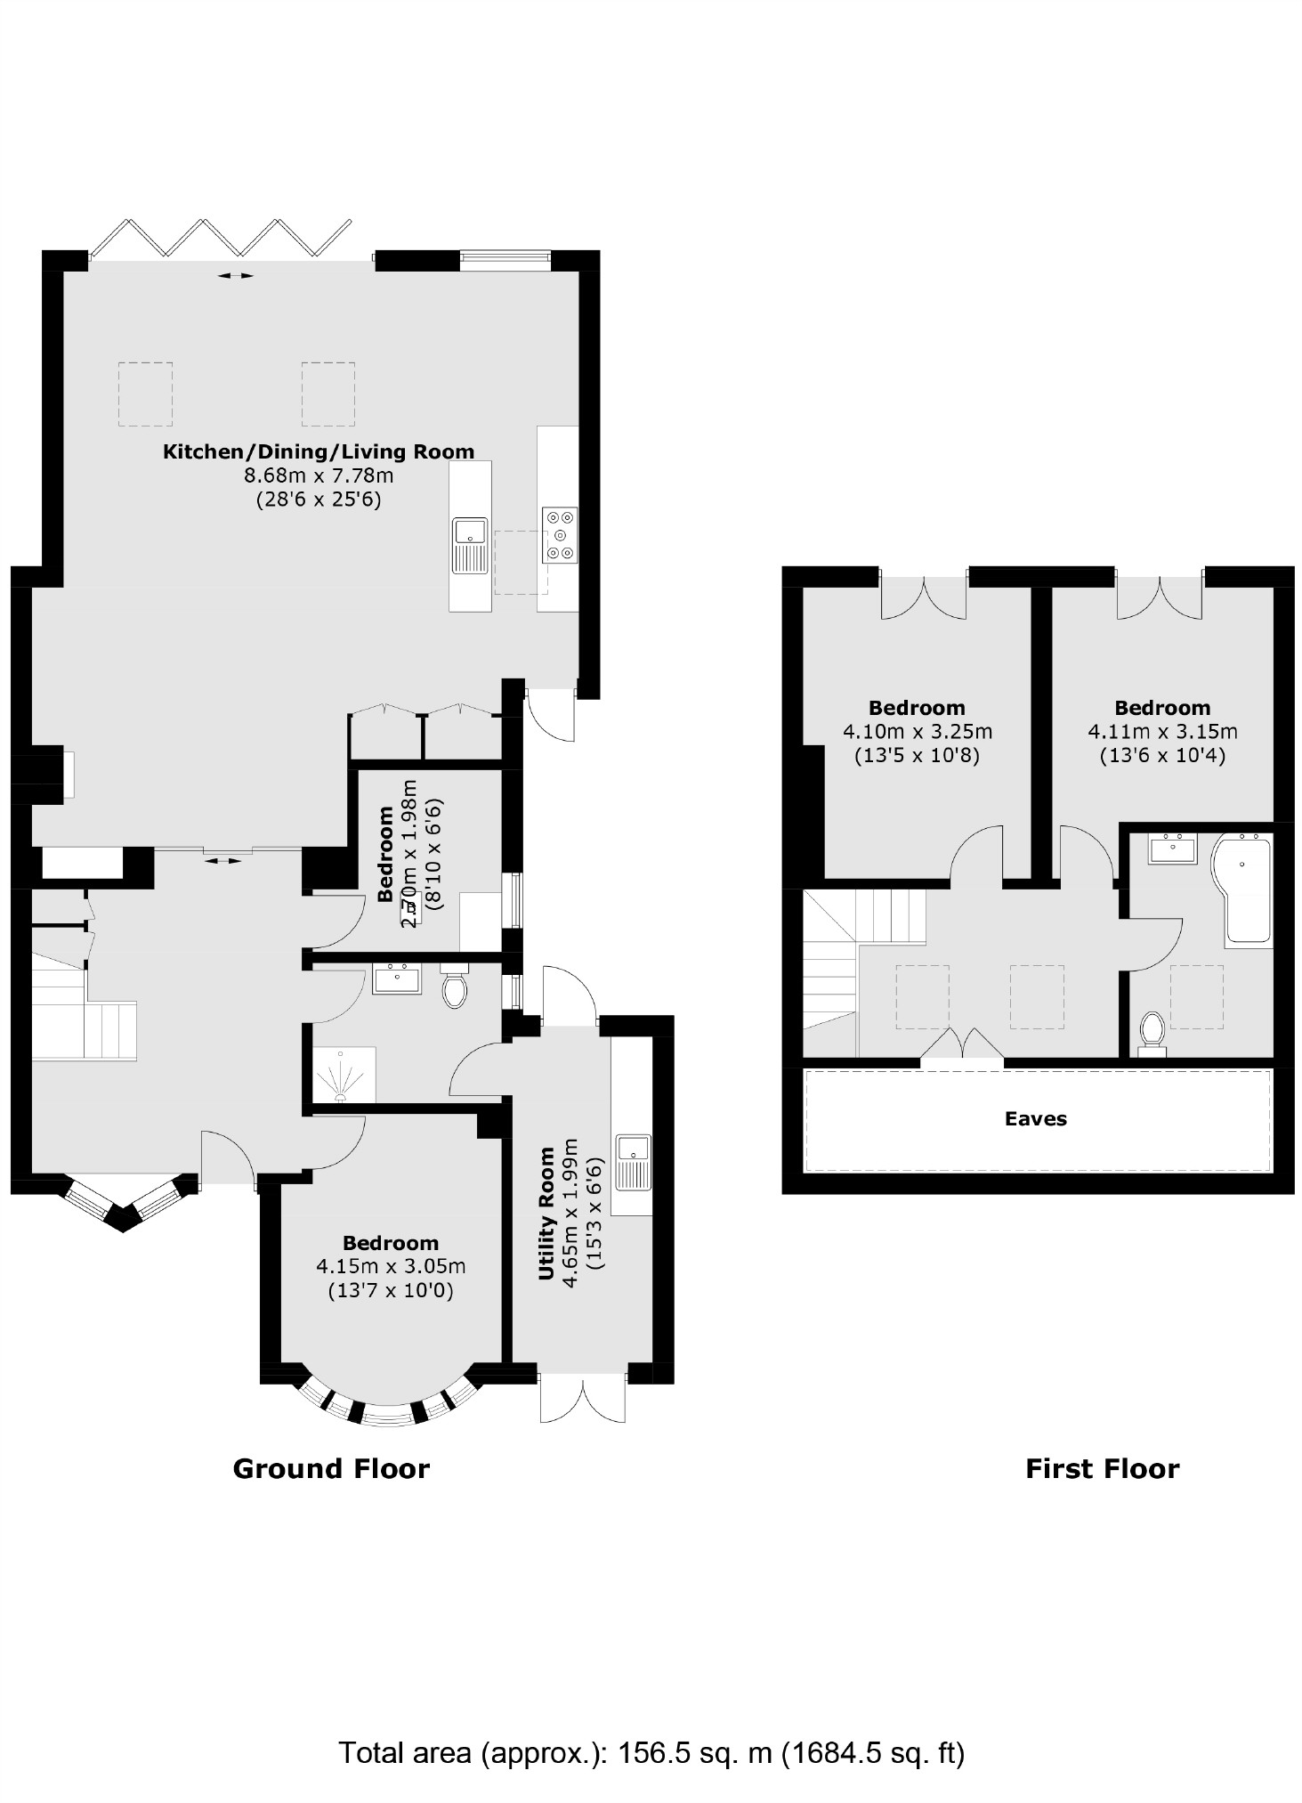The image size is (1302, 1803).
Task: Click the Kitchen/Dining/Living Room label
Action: pos(318,451)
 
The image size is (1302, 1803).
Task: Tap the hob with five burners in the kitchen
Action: pos(559,535)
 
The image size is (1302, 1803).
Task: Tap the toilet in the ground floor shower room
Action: pos(455,989)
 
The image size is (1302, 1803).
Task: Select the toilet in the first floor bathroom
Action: pos(1152,1033)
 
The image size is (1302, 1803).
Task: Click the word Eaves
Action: pos(1035,1119)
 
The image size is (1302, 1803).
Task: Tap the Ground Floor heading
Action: pos(331,1468)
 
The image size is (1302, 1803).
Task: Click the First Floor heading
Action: pos(1102,1468)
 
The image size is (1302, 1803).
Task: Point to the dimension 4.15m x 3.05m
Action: pos(391,1266)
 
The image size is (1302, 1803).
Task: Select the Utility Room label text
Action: pos(546,1214)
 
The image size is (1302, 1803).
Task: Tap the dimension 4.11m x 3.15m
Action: pos(1162,732)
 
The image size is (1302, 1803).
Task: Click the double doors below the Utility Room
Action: pos(583,1397)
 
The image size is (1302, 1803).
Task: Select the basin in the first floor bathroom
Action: pos(1174,849)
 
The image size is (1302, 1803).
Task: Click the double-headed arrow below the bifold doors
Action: pos(236,276)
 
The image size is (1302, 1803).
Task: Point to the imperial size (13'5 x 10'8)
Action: pos(917,756)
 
